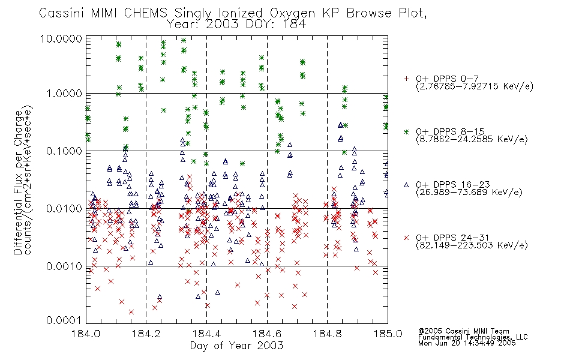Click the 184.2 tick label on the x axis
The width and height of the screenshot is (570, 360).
pos(146,334)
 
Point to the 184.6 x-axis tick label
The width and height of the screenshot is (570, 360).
pos(267,334)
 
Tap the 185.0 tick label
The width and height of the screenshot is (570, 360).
pos(388,334)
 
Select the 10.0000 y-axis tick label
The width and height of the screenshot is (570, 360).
pos(61,38)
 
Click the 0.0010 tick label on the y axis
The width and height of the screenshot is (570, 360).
pos(64,266)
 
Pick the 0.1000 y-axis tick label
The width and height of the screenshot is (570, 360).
pos(64,151)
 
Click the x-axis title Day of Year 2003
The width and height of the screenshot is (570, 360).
pos(236,346)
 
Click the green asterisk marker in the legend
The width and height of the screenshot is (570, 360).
pos(406,131)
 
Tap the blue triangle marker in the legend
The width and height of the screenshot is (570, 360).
pos(406,185)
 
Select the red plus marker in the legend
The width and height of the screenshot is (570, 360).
pos(406,79)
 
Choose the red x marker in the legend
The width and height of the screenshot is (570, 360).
pos(406,238)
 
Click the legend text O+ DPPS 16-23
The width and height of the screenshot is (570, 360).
pos(453,184)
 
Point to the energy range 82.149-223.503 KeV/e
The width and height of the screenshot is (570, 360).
pos(472,245)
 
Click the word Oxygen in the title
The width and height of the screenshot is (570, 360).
pos(292,13)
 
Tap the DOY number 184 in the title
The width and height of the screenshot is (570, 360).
pos(294,25)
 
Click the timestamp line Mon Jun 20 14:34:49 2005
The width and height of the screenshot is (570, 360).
pos(467,343)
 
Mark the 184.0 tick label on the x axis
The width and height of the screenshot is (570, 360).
pos(86,334)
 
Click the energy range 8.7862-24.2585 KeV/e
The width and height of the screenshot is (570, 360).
pos(472,139)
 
